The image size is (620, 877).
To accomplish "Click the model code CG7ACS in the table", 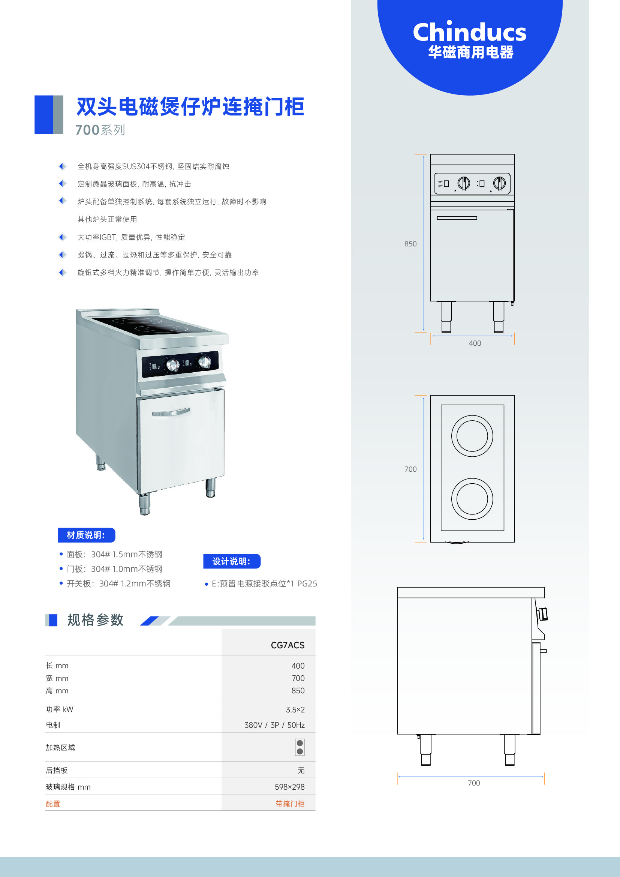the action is coord(288,645).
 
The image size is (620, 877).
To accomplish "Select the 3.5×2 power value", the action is coord(295,710).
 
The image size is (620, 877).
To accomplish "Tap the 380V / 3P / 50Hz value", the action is coord(274,725).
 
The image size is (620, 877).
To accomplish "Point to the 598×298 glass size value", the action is coord(290,787).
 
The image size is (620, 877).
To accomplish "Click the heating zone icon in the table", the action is coord(300,747).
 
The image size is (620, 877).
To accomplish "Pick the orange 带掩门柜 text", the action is coord(290,804).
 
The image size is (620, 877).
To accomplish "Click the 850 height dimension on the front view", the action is coord(410,244).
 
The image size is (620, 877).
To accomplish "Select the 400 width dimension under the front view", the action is coord(475,343).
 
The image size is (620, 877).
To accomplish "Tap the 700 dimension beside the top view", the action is coord(410,469).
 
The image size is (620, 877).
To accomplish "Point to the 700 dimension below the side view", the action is coord(474,783).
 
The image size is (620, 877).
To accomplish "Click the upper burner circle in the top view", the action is coord(472,415).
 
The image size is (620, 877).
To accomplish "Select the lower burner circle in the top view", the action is coord(472,478).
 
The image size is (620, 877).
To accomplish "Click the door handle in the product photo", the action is coord(171,412).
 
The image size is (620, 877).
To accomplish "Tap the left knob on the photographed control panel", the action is coord(173,365).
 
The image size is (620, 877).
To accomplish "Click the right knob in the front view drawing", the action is coord(499,183).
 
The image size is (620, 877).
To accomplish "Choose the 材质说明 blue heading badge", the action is coord(87,535).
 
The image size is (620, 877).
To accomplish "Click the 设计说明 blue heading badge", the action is coord(232,561).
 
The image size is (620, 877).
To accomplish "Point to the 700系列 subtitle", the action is coord(100,130).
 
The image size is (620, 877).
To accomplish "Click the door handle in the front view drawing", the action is coord(457,218).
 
